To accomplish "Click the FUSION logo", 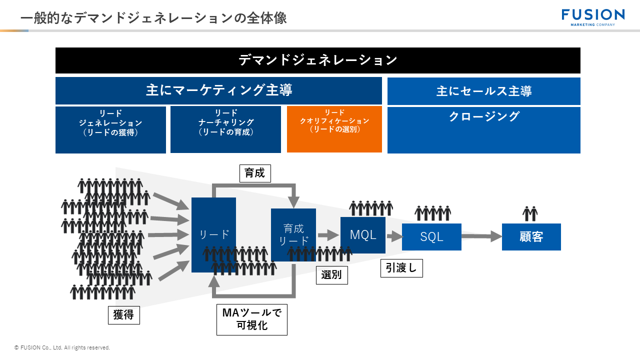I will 593,16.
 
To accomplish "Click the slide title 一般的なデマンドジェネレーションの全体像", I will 153,18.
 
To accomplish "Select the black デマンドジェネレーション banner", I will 317,60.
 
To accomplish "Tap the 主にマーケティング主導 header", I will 218,90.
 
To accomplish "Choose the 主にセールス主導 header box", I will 483,91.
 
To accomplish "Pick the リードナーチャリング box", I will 225,129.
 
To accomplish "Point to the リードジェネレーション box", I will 110,129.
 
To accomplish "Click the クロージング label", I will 483,117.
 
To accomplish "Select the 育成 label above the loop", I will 255,173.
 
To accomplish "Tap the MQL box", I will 362,235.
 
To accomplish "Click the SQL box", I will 431,237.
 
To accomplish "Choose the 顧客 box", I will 531,237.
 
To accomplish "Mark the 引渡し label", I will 401,268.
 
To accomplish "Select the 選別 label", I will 331,275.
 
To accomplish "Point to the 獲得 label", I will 123,315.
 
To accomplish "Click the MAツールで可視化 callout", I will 251,319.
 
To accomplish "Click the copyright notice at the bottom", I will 62,347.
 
